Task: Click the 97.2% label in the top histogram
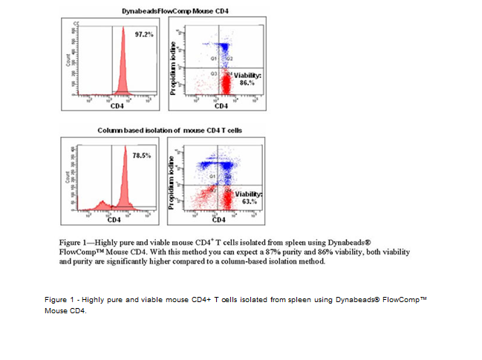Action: pos(143,35)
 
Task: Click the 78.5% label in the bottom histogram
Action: pos(142,156)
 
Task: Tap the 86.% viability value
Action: pos(248,84)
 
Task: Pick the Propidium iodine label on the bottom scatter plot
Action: pos(172,183)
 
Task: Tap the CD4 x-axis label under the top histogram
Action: pos(117,107)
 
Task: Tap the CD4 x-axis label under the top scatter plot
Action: pos(221,107)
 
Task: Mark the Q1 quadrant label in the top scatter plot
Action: pos(212,57)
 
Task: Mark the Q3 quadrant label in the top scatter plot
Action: pos(213,74)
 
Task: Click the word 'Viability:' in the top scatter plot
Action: pos(248,76)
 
